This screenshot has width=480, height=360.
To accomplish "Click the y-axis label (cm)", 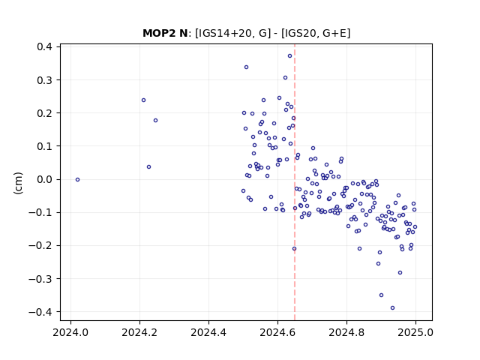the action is (x=18, y=183).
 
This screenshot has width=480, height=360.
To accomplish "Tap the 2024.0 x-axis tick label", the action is (x=70, y=332).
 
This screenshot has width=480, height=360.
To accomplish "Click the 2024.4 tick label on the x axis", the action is (x=208, y=332).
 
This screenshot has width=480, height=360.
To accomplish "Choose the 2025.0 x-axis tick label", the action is (x=415, y=332).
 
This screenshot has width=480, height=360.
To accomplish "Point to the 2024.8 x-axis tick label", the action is (x=346, y=332).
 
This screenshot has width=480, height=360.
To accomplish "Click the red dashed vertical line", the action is (x=295, y=182).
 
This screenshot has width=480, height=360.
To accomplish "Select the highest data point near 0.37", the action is (x=290, y=56).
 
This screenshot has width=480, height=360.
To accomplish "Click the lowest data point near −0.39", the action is (x=393, y=308).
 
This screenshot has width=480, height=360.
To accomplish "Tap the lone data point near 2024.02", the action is (x=78, y=180).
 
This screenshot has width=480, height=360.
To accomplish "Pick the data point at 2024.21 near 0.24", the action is (x=143, y=100).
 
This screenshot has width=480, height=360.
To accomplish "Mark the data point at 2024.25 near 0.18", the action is (x=155, y=120).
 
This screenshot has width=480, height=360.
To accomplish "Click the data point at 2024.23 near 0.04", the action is (x=148, y=166).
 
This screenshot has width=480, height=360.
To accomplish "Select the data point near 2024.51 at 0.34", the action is (x=247, y=67).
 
